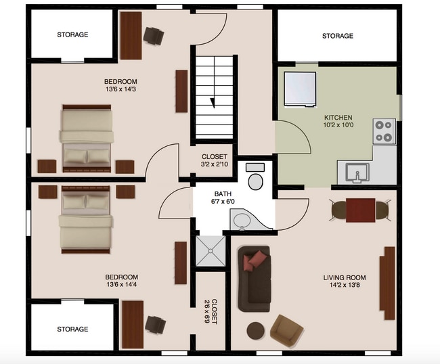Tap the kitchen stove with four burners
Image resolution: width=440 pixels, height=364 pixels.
click(384, 131)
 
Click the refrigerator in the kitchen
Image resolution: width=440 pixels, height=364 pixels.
click(300, 89)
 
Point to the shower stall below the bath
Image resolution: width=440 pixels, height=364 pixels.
click(211, 251)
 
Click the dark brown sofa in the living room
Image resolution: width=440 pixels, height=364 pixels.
click(255, 279)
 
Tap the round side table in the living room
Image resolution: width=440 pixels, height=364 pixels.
click(255, 331)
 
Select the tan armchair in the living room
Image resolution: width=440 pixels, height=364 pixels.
click(286, 330)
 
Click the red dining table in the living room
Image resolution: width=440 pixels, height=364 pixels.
click(361, 210)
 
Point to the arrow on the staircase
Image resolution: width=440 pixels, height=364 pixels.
click(213, 103)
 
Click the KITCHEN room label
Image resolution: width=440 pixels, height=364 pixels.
click(338, 118)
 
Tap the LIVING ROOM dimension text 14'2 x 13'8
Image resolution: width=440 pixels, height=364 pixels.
click(345, 286)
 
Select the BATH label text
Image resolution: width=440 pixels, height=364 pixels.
click(223, 194)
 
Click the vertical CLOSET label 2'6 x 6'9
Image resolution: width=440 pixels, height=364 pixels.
click(211, 311)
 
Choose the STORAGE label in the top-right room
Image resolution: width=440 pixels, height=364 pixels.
click(338, 36)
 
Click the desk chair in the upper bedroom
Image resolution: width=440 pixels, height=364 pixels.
click(154, 36)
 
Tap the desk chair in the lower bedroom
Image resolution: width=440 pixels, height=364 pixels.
click(155, 325)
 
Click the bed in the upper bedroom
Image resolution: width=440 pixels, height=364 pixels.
click(87, 139)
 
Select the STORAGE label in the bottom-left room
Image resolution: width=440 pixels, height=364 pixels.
click(72, 329)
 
